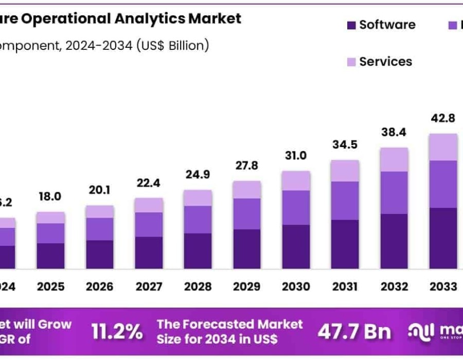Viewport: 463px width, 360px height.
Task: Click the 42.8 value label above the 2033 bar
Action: click(443, 118)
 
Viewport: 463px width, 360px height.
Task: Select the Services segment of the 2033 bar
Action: click(443, 147)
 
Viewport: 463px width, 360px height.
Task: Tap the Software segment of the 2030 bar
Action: click(296, 247)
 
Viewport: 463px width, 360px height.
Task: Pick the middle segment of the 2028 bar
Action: click(198, 220)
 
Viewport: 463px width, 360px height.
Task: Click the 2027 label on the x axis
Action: click(149, 286)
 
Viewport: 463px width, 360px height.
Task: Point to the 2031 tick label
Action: click(345, 286)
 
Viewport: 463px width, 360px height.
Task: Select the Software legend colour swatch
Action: click(351, 25)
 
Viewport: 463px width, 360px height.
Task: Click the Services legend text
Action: click(385, 62)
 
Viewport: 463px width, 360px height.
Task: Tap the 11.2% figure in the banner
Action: click(117, 332)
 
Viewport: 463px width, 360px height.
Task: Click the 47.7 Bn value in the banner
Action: click(354, 332)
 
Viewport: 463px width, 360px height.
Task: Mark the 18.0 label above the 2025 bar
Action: click(50, 196)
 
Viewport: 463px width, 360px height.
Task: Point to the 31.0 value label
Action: click(296, 155)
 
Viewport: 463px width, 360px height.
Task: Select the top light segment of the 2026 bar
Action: click(100, 211)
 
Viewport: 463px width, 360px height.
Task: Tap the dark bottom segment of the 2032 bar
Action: click(394, 241)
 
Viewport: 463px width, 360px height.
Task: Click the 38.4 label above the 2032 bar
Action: click(394, 132)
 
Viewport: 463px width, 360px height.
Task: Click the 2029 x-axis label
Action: click(246, 286)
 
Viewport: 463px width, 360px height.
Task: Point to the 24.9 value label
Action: click(198, 174)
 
